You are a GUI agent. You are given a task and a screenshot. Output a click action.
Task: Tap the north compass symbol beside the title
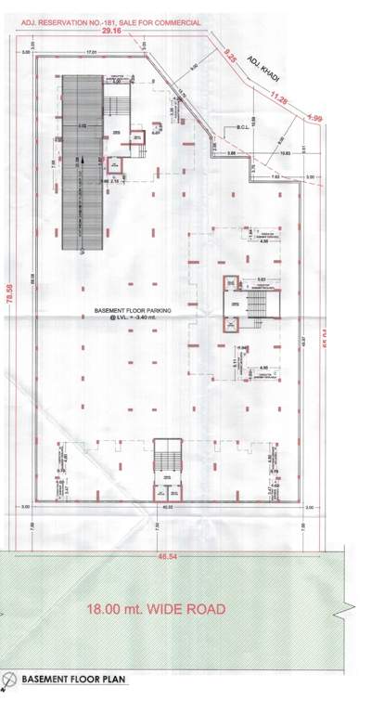coord(8,681)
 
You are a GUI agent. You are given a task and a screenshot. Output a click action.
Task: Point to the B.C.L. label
coord(239,128)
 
